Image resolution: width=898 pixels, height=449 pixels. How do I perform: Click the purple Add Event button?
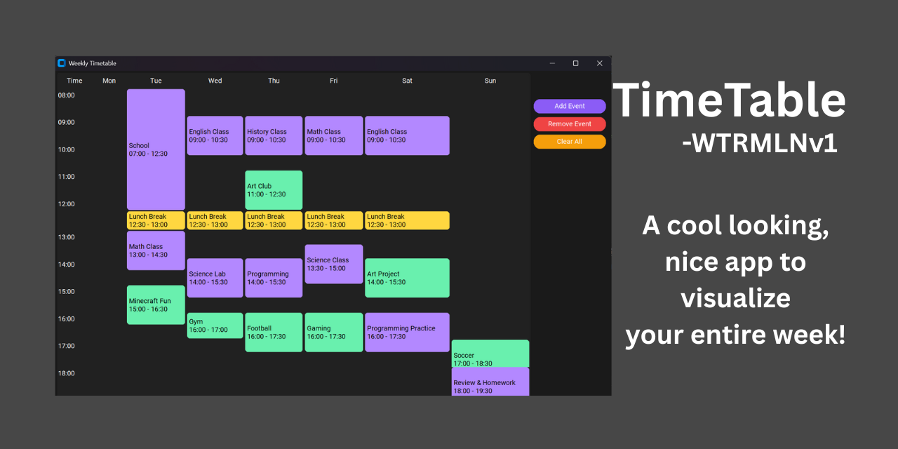tap(569, 106)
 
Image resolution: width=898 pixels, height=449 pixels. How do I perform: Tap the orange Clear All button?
tap(569, 142)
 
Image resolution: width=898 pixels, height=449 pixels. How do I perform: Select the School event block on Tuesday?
tap(156, 149)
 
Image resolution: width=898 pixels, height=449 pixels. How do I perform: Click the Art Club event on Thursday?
tap(274, 190)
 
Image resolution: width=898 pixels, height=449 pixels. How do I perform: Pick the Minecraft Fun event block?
tap(156, 304)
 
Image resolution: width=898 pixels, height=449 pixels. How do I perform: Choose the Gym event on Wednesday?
tap(215, 326)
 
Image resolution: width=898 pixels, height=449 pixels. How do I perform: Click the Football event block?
tap(274, 332)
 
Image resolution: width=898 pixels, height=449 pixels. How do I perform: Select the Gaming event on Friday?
tap(333, 332)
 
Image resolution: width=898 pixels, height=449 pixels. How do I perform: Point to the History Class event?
tap(274, 135)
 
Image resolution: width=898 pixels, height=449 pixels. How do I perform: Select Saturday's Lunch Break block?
tap(407, 220)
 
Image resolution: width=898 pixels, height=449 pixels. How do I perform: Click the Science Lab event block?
tap(215, 278)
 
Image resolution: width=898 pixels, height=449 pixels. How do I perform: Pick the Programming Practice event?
tap(407, 332)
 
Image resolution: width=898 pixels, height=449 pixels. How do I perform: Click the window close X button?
tap(599, 63)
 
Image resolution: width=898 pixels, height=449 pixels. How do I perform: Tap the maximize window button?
tap(575, 63)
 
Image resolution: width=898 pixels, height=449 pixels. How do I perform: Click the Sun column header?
tap(490, 81)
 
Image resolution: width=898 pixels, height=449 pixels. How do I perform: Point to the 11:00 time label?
tap(66, 177)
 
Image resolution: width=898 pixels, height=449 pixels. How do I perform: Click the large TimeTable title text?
tap(730, 100)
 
